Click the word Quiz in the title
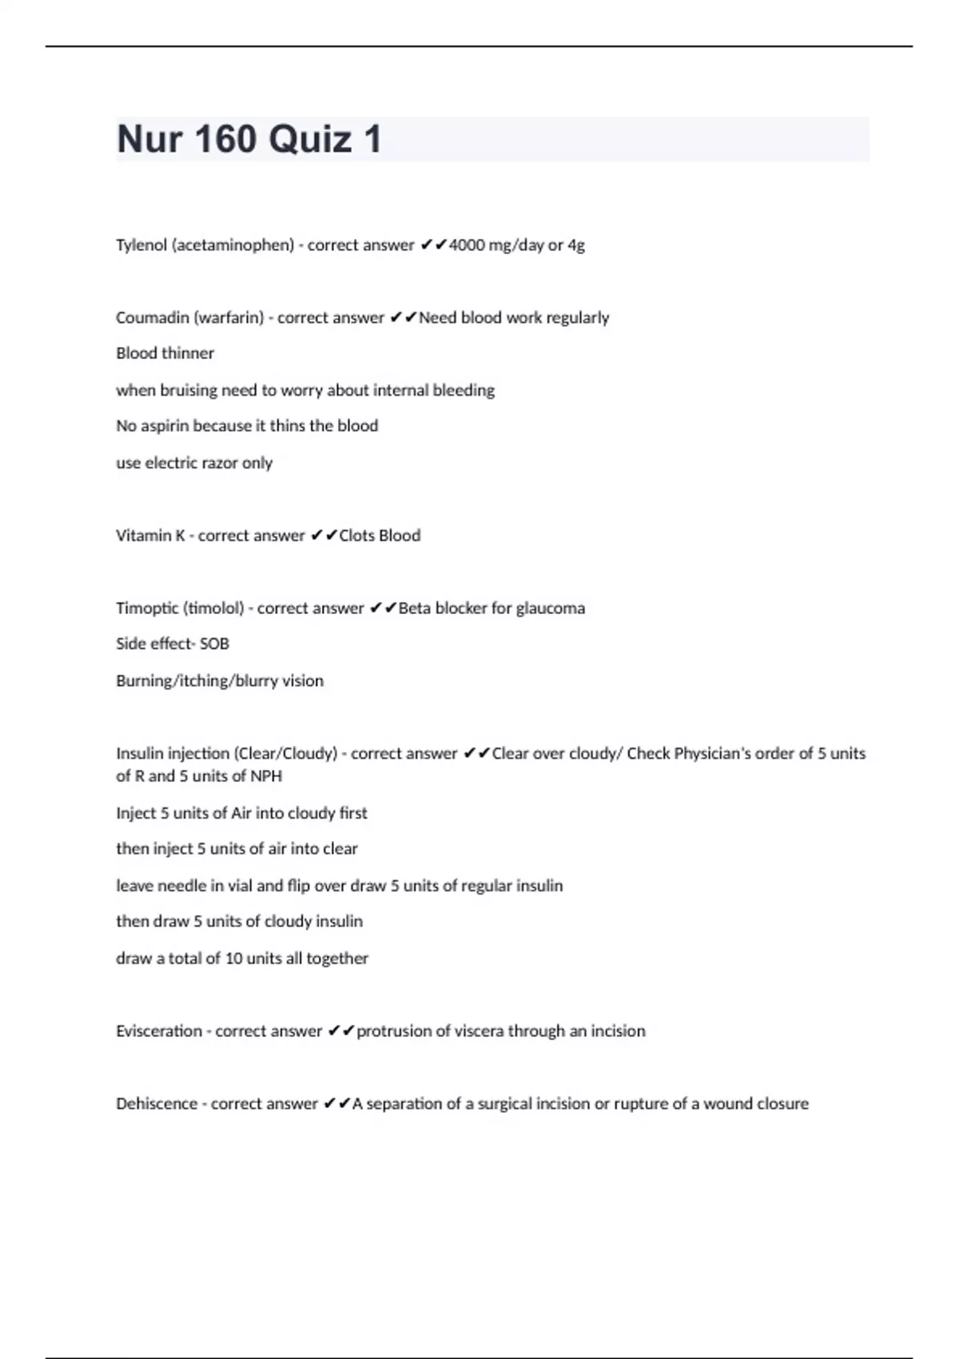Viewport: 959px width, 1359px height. pyautogui.click(x=310, y=139)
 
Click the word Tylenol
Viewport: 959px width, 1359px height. pyautogui.click(x=141, y=245)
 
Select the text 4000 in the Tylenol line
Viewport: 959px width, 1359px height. pyautogui.click(x=467, y=245)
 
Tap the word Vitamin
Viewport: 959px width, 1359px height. pyautogui.click(x=145, y=536)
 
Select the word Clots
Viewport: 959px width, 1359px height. pyautogui.click(x=357, y=536)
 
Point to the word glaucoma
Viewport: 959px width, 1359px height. pyautogui.click(x=551, y=608)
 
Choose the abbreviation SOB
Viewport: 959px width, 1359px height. pyautogui.click(x=214, y=644)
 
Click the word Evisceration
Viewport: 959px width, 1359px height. pyautogui.click(x=159, y=1031)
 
